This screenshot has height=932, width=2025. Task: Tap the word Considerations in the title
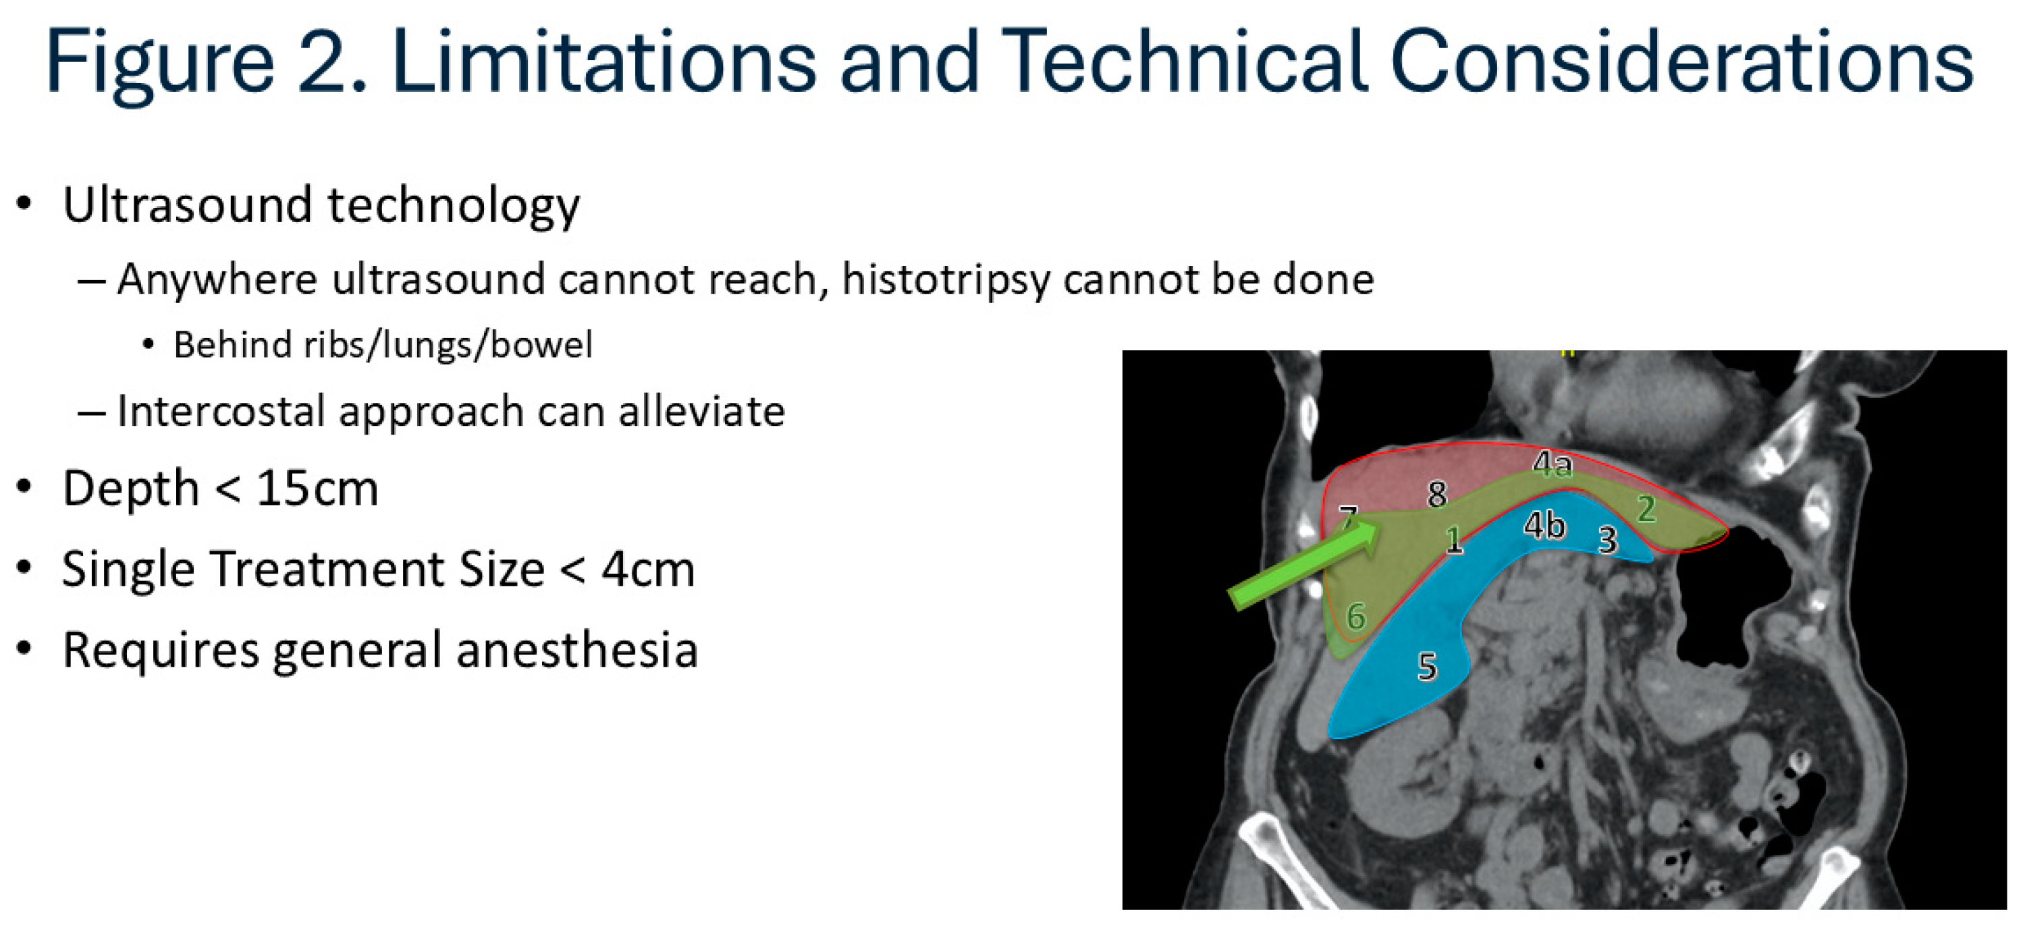point(1681,61)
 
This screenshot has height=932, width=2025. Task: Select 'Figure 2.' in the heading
point(207,64)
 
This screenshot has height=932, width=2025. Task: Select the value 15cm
point(317,488)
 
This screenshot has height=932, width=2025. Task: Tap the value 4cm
point(649,569)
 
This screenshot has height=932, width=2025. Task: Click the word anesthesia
point(577,650)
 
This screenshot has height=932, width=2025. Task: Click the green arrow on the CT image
point(1305,563)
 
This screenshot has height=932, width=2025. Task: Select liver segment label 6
point(1356,617)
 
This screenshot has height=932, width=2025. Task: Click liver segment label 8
point(1437,494)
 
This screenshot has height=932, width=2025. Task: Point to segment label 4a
point(1552,464)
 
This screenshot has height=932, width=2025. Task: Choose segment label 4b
point(1544,525)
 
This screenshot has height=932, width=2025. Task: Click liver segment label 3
point(1609,540)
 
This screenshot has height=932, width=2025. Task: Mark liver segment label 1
point(1455,540)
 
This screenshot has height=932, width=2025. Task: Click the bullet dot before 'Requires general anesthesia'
point(24,650)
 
